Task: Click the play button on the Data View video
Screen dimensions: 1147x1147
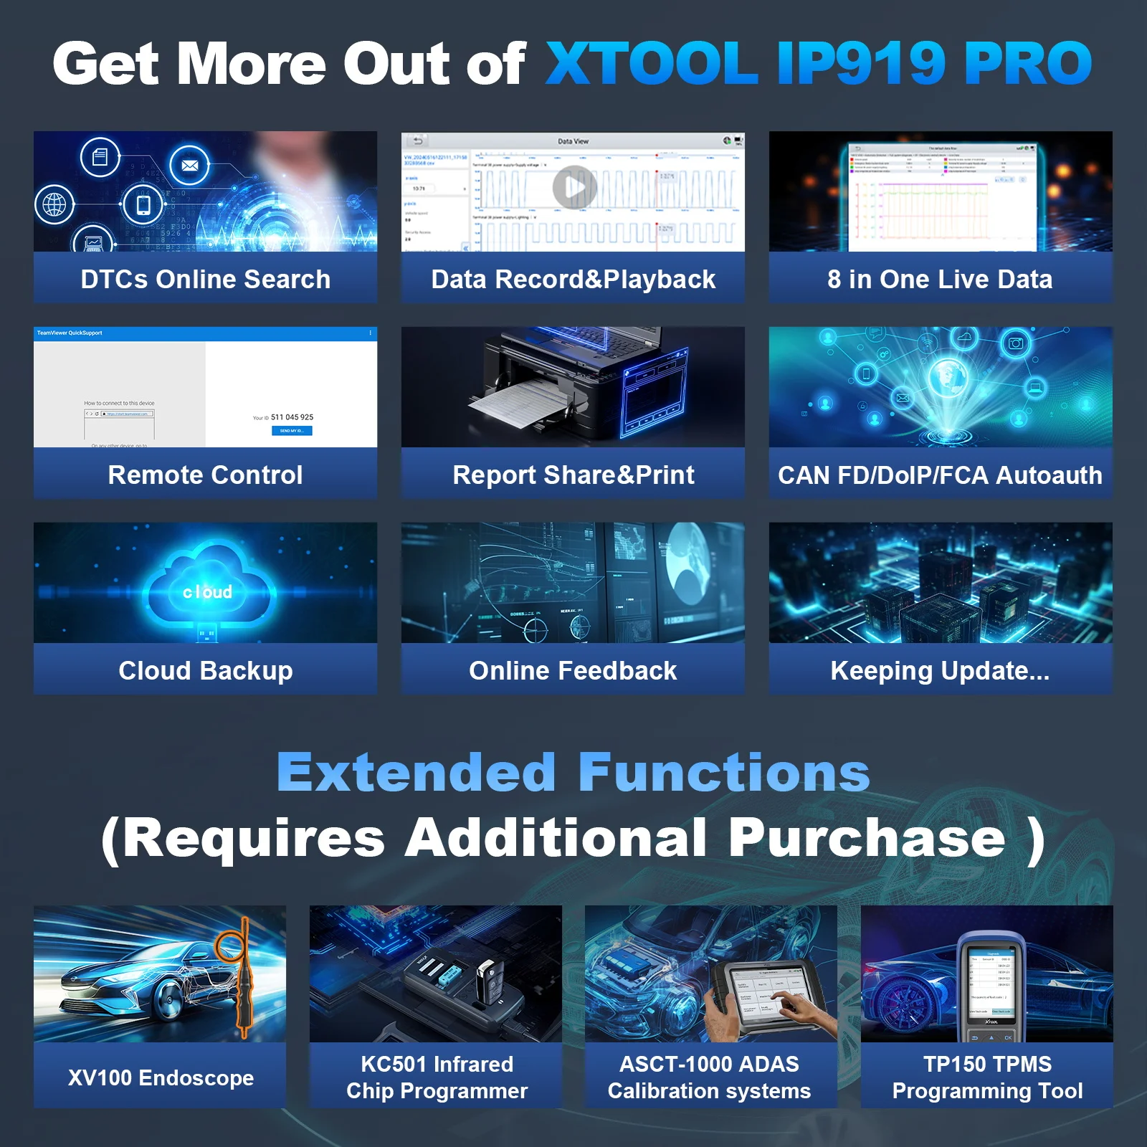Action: (x=574, y=188)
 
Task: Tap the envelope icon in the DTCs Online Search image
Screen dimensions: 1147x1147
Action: (x=189, y=166)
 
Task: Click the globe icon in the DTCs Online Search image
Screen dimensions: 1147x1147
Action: (x=54, y=205)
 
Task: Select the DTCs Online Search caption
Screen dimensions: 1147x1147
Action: (x=205, y=279)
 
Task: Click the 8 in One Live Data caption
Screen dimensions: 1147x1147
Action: (x=940, y=279)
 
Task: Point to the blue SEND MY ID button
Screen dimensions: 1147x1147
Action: (x=292, y=431)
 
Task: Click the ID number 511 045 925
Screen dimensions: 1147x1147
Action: (x=292, y=417)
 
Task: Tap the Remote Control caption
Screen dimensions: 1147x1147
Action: (x=205, y=475)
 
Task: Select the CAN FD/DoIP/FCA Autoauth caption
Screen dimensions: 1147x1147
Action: (x=940, y=475)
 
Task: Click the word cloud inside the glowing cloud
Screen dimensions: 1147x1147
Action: (x=207, y=592)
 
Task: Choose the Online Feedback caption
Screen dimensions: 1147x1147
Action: (x=573, y=670)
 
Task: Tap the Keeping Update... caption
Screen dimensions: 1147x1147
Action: (x=940, y=670)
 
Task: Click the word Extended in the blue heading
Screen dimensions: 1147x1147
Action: (x=416, y=773)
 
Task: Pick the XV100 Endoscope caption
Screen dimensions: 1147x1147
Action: (x=161, y=1077)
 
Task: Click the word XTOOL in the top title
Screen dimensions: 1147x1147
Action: (x=652, y=63)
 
